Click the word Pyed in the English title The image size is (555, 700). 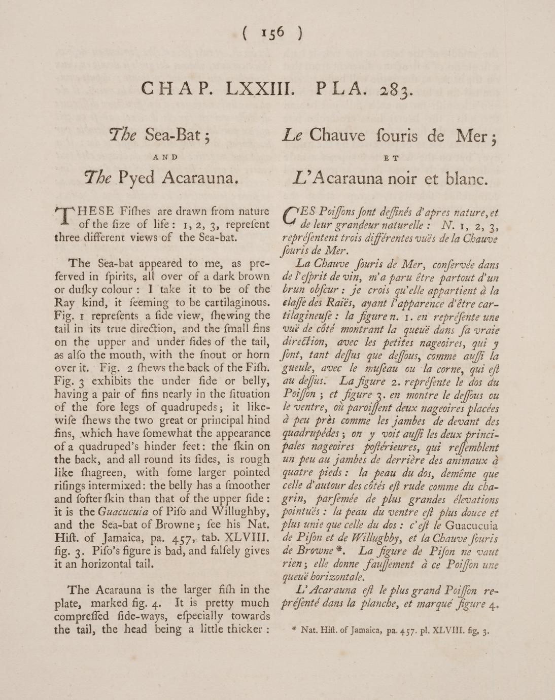coord(137,177)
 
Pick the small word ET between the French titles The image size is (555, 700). coord(391,158)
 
